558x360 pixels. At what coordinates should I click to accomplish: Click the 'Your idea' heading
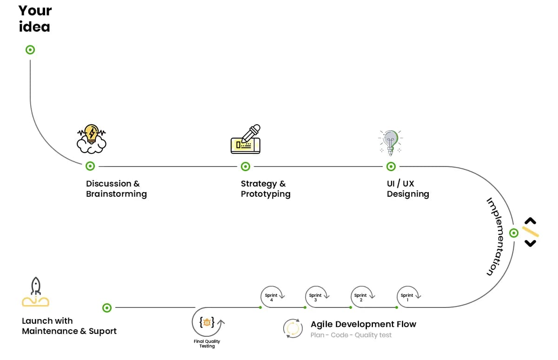click(35, 19)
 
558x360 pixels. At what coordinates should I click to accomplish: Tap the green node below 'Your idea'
click(30, 50)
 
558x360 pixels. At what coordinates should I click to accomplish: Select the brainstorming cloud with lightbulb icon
click(91, 139)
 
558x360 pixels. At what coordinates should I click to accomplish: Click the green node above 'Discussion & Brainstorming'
click(90, 166)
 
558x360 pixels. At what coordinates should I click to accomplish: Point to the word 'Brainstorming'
click(116, 194)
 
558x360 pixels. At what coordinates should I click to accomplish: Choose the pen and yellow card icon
click(246, 139)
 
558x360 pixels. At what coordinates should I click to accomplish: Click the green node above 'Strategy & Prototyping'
click(246, 166)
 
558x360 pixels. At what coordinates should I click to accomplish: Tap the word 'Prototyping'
click(266, 194)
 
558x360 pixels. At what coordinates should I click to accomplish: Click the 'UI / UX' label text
click(400, 184)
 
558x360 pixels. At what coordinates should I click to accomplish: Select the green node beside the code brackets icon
click(514, 233)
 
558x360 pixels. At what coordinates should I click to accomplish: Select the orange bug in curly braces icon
click(207, 322)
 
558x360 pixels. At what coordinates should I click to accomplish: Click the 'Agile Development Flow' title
click(363, 324)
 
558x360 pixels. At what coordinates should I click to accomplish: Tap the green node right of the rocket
click(107, 307)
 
